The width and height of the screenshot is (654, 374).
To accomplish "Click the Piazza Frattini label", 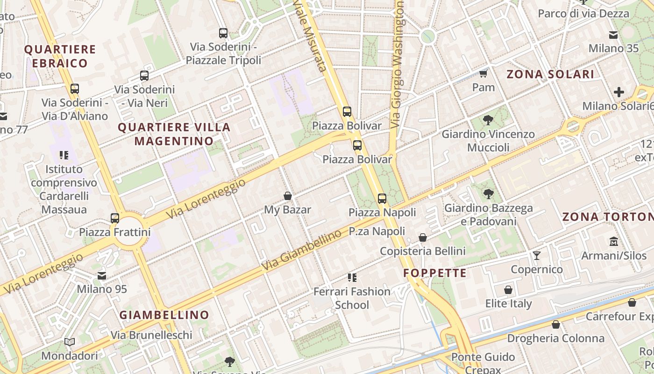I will [114, 232].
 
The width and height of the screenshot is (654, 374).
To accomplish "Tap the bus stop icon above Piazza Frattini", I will [115, 218].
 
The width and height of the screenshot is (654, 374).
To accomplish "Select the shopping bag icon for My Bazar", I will [288, 196].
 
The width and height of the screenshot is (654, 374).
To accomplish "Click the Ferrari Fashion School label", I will [352, 298].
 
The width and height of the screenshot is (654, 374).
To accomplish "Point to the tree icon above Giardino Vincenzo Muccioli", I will [488, 120].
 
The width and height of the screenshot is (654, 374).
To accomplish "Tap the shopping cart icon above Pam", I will [483, 74].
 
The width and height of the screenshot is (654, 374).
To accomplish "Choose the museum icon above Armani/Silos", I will [614, 242].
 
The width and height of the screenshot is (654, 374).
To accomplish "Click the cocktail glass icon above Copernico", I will [537, 255].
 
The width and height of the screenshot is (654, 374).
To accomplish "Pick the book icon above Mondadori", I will [70, 342].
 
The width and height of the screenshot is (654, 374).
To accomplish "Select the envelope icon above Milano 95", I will [102, 276].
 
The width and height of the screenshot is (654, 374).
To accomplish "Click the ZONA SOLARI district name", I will [550, 74].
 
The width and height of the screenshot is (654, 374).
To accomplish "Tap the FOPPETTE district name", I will [435, 273].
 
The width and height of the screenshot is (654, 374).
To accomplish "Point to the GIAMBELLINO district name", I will [164, 315].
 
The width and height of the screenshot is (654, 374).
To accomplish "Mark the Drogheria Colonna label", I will [555, 338].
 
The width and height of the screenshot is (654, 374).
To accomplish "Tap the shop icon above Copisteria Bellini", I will [423, 237].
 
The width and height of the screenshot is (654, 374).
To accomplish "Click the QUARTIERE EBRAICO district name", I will [60, 56].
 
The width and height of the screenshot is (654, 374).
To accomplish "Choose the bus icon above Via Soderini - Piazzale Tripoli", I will [223, 33].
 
